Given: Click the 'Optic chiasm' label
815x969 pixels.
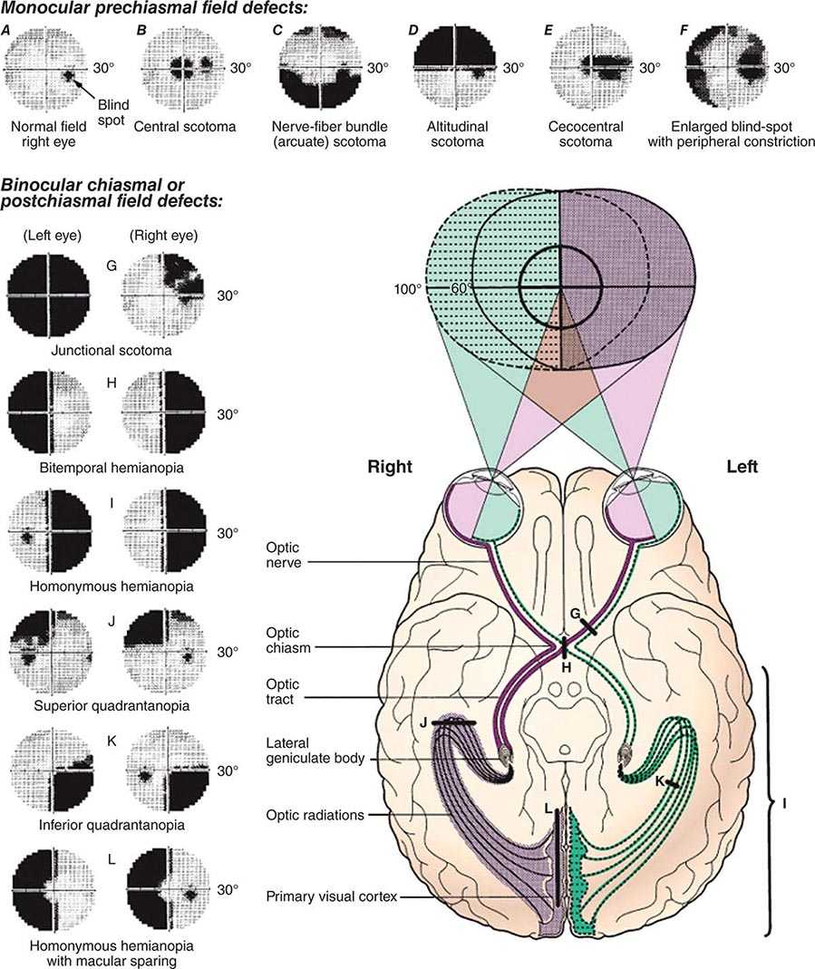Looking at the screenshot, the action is [x=288, y=640].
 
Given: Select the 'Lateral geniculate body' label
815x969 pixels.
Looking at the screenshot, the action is [x=315, y=751].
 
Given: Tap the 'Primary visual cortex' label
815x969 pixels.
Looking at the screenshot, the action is [x=331, y=896].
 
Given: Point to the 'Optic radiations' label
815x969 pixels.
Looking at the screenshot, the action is [x=315, y=815].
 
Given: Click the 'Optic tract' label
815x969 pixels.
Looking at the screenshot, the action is [x=283, y=692].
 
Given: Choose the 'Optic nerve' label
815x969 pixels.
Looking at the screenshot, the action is [x=284, y=555].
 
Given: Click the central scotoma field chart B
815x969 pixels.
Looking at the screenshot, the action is [x=183, y=67].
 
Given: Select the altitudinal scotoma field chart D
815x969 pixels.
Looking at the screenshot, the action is [x=454, y=67].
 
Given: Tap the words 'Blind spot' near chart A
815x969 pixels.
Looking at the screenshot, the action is [x=112, y=113].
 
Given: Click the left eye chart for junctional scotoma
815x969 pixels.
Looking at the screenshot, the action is [x=48, y=296].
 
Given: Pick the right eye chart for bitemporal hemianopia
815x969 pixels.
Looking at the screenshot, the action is [x=164, y=412].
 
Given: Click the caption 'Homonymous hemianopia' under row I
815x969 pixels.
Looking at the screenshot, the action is [x=112, y=586].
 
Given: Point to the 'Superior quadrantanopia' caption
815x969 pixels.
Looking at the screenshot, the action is [x=112, y=705].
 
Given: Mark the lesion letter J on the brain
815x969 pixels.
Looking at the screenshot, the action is [x=423, y=722].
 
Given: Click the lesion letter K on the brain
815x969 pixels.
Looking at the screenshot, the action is [x=659, y=781].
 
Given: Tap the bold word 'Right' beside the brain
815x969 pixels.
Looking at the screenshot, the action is [x=389, y=466].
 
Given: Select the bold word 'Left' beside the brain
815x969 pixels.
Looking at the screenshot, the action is [x=742, y=466].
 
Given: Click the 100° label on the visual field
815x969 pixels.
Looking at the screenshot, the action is [x=407, y=288].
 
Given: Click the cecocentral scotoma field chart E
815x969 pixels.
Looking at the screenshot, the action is [x=591, y=67].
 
